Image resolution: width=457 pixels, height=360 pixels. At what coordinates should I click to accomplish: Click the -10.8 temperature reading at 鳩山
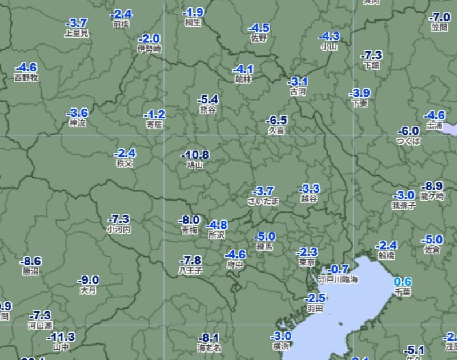(x=195, y=155)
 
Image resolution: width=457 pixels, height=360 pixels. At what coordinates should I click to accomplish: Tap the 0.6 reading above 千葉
(x=403, y=282)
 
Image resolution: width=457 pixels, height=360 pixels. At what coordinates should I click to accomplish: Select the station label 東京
(x=307, y=263)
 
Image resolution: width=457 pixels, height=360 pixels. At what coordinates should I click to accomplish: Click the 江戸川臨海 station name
(x=338, y=280)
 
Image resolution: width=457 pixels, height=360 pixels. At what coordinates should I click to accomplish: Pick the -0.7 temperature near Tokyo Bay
(x=339, y=269)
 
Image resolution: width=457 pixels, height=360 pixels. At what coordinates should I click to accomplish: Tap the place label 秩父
(x=125, y=163)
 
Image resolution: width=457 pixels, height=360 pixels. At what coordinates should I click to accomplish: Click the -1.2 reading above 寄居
(x=154, y=114)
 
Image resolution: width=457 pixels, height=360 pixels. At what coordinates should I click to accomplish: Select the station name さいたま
(x=263, y=201)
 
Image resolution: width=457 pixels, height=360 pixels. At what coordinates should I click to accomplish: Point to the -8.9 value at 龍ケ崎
(x=432, y=186)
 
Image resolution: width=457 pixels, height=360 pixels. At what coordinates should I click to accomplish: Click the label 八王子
(x=190, y=270)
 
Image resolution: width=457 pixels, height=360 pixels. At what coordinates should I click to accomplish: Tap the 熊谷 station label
(x=207, y=110)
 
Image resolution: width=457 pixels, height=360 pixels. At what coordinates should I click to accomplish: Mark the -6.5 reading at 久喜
(x=276, y=120)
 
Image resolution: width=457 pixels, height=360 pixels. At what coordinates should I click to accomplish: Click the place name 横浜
(x=281, y=346)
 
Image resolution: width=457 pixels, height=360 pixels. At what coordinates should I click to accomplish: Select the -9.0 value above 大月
(x=89, y=280)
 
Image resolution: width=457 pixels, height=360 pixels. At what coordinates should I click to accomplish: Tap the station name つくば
(x=408, y=141)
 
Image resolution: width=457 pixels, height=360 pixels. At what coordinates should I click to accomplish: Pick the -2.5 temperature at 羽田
(x=315, y=298)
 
